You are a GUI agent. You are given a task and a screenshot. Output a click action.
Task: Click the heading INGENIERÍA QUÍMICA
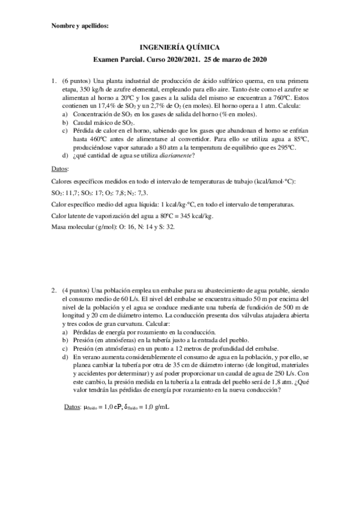180,46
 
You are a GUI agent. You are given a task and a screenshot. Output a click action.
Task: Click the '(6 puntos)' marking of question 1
76,80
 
